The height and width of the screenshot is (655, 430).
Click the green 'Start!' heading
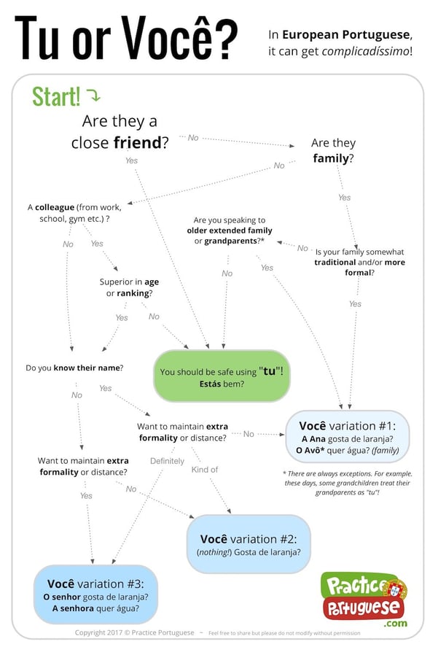[56, 96]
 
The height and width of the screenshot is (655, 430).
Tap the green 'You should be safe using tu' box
[222, 376]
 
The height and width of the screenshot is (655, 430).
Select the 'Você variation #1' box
[348, 437]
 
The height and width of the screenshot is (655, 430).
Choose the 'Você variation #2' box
[249, 544]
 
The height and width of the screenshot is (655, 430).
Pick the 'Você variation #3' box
[95, 595]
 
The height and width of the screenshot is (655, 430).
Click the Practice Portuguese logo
[364, 599]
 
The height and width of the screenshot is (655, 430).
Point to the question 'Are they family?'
[333, 150]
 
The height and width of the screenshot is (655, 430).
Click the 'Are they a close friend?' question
[120, 131]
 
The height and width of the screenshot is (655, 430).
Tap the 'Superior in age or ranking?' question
[129, 287]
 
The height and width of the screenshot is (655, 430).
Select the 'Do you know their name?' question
[74, 368]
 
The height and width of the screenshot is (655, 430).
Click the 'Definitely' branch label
[167, 461]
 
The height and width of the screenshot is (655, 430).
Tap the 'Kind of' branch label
[205, 470]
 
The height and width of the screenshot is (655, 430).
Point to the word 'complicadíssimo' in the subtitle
[365, 51]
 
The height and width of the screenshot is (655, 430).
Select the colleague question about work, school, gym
[74, 213]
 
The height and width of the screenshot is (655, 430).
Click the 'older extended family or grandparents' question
[229, 230]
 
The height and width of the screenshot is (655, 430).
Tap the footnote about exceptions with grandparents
[348, 483]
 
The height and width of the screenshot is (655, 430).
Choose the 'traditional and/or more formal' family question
[359, 263]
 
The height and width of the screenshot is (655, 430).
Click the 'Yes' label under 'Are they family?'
[345, 198]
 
